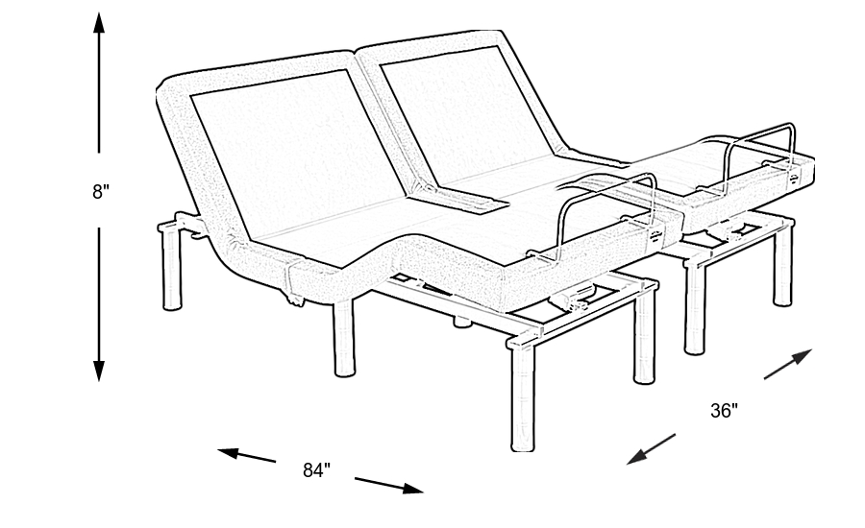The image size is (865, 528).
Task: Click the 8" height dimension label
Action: tap(101, 192)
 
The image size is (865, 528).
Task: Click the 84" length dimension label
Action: tap(316, 470)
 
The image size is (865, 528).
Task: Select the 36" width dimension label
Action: tap(724, 411)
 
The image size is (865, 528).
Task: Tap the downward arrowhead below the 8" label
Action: tap(99, 371)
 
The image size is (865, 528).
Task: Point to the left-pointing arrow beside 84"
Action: tap(247, 455)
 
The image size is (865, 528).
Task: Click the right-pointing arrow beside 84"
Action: tap(389, 485)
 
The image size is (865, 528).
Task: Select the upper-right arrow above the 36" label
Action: tap(788, 364)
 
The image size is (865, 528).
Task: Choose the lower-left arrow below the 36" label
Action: tap(651, 449)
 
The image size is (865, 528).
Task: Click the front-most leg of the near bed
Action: tap(523, 396)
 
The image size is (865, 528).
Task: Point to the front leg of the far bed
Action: tap(695, 309)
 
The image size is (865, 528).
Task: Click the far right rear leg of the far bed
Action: tap(782, 265)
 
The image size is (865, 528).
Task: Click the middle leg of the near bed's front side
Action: tap(344, 339)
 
